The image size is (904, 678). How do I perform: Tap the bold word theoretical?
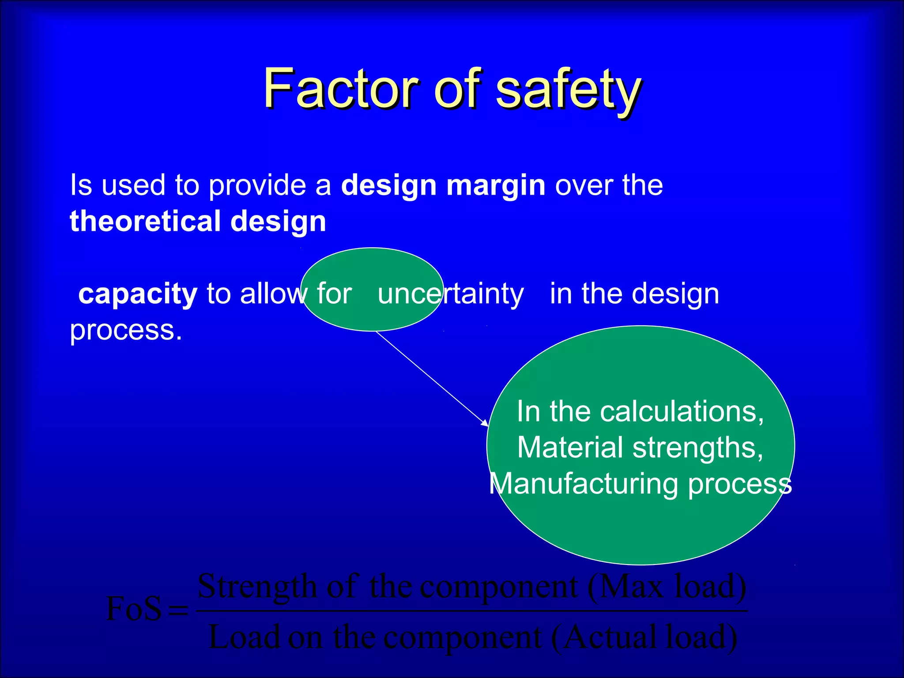pyautogui.click(x=145, y=221)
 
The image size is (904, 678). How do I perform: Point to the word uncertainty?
pyautogui.click(x=451, y=294)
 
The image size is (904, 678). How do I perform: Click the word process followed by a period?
pyautogui.click(x=126, y=330)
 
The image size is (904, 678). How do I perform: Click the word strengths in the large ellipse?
pyautogui.click(x=698, y=448)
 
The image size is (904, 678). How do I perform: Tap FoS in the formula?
pyautogui.click(x=134, y=609)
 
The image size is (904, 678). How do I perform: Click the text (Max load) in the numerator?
pyautogui.click(x=667, y=587)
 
